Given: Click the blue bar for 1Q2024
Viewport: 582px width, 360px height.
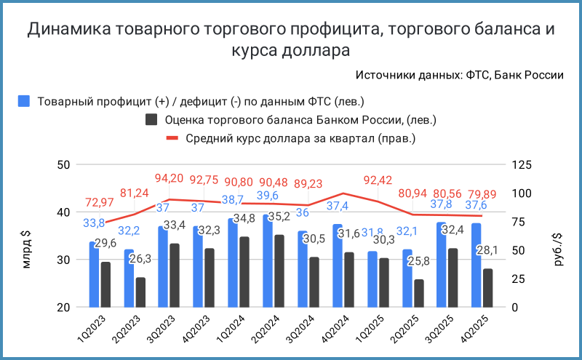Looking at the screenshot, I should point(233,263).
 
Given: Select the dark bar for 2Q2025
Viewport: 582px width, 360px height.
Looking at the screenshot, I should point(418,293).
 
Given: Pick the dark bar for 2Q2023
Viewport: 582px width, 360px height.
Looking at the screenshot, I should point(140,292).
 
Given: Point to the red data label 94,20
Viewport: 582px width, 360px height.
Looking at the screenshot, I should point(170,177).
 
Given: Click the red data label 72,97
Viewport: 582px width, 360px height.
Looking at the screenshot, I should point(100,201).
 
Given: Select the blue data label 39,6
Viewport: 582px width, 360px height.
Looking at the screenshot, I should point(267,196).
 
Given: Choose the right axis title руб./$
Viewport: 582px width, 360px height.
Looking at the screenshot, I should point(559,236).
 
